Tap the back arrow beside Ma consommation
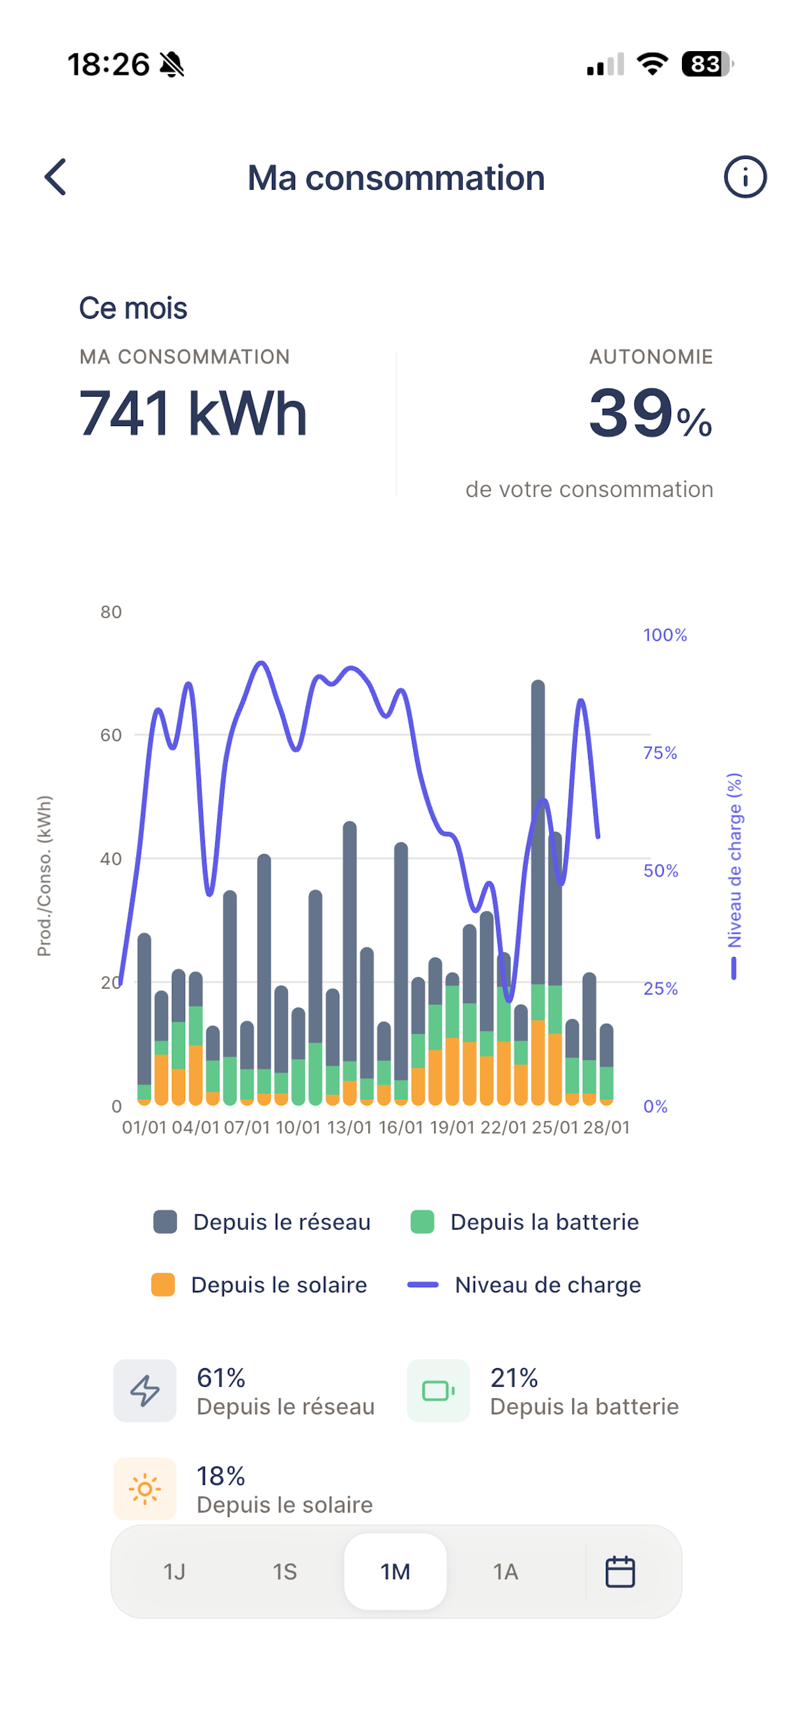coord(56,177)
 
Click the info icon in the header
coord(745,177)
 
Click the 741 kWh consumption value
coord(193,413)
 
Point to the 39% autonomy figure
coord(651,413)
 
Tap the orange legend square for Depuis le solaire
coord(163,1285)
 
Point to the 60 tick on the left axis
coord(111,735)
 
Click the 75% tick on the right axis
coord(660,752)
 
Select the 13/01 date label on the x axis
coord(349,1127)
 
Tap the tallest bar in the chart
coord(538,892)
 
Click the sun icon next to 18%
coord(144,1488)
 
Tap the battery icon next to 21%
coord(439,1391)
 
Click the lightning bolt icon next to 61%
coord(144,1391)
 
